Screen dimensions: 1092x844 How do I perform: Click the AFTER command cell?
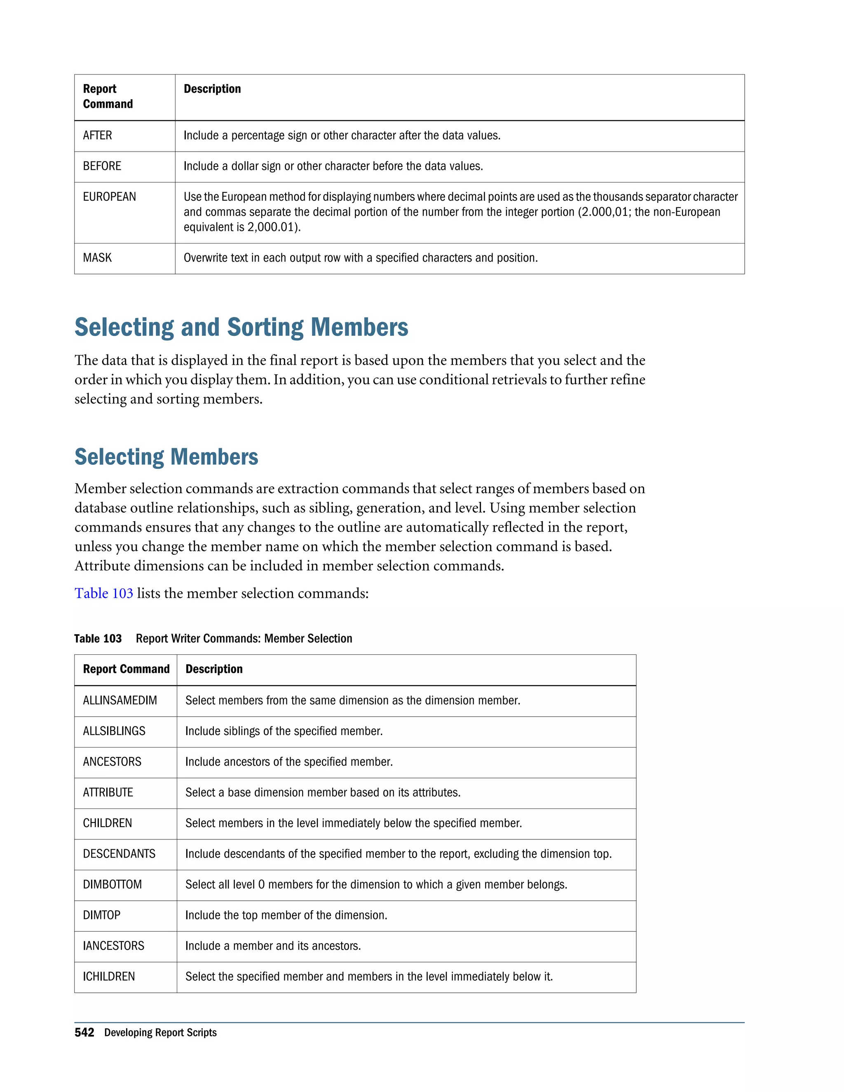[x=98, y=136]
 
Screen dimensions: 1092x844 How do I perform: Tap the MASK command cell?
[x=98, y=258]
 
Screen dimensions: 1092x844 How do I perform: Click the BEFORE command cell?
[x=102, y=166]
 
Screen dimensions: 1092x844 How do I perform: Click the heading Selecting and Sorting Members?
[x=241, y=328]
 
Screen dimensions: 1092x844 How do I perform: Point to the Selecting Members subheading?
[x=166, y=457]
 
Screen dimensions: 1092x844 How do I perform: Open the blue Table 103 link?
[x=103, y=593]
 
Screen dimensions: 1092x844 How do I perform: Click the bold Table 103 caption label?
[x=98, y=638]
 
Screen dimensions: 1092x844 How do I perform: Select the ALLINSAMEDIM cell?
[x=120, y=701]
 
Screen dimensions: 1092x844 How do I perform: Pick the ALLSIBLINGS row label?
[x=114, y=731]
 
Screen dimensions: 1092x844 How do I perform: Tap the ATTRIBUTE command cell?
[x=108, y=792]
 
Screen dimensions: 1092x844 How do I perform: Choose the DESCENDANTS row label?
[x=119, y=854]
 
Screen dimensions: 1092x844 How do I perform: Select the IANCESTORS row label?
[x=113, y=946]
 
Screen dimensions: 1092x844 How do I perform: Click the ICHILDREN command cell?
[x=109, y=977]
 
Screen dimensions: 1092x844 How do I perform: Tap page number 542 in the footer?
[x=84, y=1033]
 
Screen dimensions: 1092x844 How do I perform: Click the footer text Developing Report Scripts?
[x=160, y=1033]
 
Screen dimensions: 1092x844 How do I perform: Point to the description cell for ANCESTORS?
[x=289, y=762]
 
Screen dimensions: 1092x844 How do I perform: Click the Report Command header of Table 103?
[x=126, y=670]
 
